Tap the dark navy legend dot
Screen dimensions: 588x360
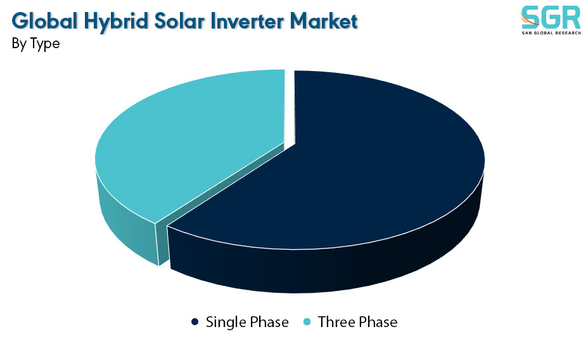coord(195,322)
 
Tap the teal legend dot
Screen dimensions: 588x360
coord(307,322)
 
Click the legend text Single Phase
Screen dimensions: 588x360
coord(247,322)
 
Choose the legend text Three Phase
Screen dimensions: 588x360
coord(357,322)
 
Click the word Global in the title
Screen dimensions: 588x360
coord(44,20)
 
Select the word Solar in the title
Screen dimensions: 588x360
coord(179,20)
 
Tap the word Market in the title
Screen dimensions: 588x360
coord(324,20)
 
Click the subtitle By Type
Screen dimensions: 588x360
coord(35,44)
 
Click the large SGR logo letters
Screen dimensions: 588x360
coord(551,17)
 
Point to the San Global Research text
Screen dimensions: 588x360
coord(551,32)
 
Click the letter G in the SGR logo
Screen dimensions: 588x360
coord(551,17)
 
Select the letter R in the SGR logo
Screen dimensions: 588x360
coord(572,17)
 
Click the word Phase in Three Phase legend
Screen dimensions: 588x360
coord(378,322)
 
